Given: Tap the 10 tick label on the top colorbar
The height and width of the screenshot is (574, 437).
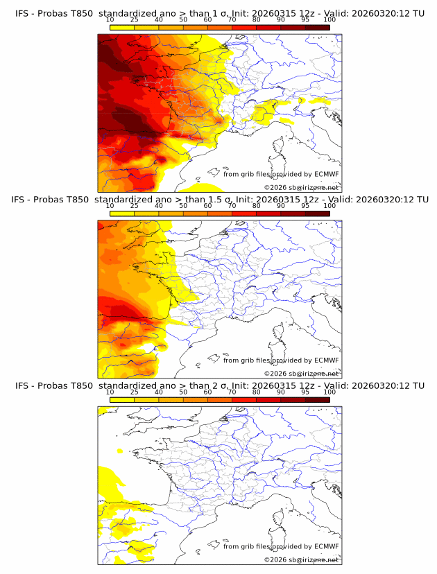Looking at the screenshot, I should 110,20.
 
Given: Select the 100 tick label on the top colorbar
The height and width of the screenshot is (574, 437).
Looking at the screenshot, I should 329,20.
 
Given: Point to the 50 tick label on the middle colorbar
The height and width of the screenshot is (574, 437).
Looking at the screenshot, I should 183,206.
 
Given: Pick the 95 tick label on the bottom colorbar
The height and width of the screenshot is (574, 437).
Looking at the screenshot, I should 305,392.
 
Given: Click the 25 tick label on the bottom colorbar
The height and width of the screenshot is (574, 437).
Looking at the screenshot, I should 134,392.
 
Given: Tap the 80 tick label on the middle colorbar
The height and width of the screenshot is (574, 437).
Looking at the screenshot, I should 256,206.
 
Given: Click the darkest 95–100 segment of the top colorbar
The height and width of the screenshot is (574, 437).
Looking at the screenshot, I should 317,27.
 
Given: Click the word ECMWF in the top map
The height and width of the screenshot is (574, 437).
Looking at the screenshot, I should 327,174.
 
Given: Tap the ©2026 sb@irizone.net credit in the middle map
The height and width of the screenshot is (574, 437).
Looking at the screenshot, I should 302,373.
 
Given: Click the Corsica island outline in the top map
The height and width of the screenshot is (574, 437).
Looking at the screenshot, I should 280,147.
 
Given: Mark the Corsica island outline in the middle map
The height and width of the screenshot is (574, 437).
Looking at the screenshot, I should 280,333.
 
